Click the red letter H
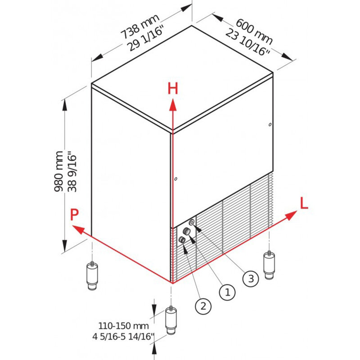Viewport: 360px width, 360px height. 173,89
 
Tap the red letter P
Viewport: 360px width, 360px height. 74,215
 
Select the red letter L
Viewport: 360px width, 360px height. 304,203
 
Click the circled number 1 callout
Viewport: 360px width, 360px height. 227,292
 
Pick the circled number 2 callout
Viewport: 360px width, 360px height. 203,306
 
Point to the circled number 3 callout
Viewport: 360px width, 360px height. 251,279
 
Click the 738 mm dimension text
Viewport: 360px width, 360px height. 140,27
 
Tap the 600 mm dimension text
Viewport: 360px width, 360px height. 254,31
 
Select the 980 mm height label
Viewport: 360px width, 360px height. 58,171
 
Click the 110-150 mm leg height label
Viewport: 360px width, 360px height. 123,326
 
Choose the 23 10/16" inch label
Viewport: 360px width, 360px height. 247,43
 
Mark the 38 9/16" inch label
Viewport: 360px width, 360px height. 72,171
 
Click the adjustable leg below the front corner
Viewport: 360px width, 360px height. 171,320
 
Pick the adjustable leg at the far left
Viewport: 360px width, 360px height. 92,276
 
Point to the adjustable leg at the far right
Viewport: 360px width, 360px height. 269,265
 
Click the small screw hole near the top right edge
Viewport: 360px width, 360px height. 270,125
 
